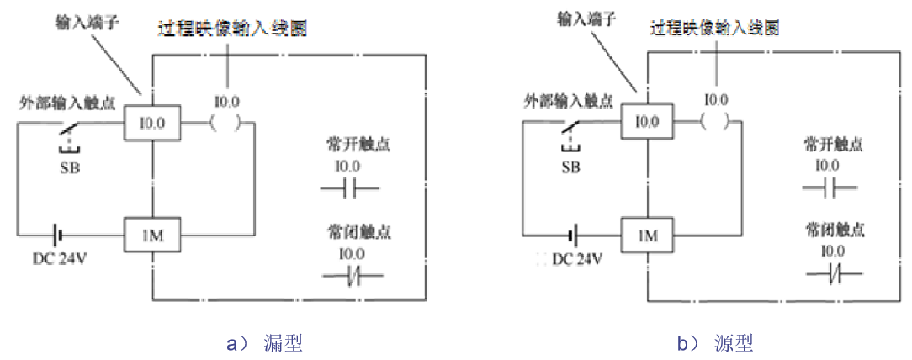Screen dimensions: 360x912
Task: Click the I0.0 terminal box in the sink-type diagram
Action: click(151, 124)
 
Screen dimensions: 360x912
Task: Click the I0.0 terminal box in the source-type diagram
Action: click(647, 119)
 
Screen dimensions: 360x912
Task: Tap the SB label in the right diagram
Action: click(570, 167)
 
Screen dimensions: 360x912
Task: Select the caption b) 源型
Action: click(715, 343)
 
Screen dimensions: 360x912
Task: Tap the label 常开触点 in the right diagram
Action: click(834, 144)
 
